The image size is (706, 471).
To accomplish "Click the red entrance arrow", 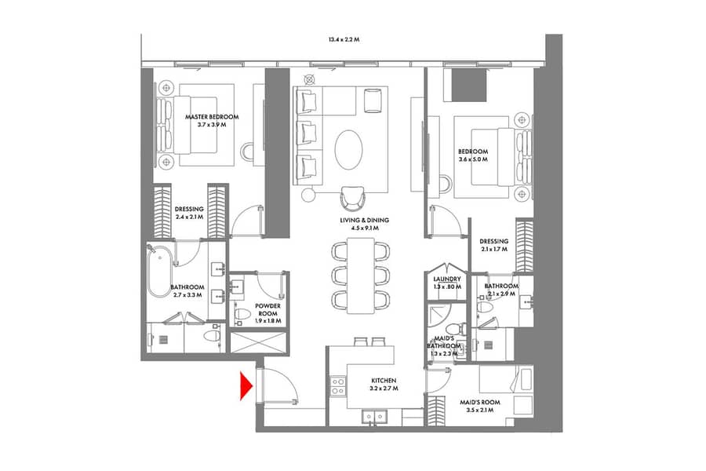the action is [246, 385].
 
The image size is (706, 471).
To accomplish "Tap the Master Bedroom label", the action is [212, 117].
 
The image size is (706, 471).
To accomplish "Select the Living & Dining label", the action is [364, 221].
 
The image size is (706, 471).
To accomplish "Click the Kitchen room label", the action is [384, 381].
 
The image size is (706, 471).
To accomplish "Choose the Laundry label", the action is [447, 279].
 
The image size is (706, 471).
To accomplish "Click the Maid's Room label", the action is [479, 402].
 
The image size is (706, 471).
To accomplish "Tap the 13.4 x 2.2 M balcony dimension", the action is [344, 40].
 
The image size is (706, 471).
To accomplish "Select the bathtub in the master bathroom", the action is [159, 272].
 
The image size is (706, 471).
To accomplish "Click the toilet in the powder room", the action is [242, 315].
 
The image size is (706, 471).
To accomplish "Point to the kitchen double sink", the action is [373, 417].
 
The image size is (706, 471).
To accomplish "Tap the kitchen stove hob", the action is [337, 385].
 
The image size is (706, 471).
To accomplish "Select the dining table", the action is [361, 276].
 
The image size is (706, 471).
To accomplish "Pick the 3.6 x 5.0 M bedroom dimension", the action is [473, 159].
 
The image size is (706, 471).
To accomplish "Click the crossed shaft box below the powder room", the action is [258, 342].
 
